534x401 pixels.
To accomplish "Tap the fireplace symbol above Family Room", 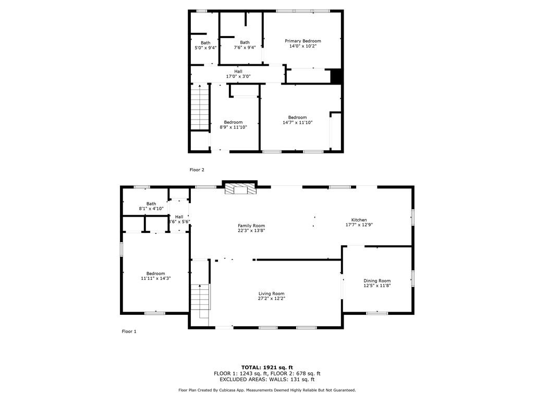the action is [240, 189].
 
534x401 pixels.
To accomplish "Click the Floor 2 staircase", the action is [200, 107].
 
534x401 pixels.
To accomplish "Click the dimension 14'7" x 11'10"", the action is [298, 122].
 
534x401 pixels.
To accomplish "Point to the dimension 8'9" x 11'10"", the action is [233, 127].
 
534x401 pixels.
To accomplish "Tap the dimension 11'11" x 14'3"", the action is [155, 278].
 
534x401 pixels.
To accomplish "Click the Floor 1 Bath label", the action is [151, 204].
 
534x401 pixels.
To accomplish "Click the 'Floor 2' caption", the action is [197, 170].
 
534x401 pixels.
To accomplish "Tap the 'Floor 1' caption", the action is [129, 332].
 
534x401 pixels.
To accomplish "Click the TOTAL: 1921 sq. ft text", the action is [267, 367].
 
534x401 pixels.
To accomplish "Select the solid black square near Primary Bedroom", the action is [336, 76].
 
